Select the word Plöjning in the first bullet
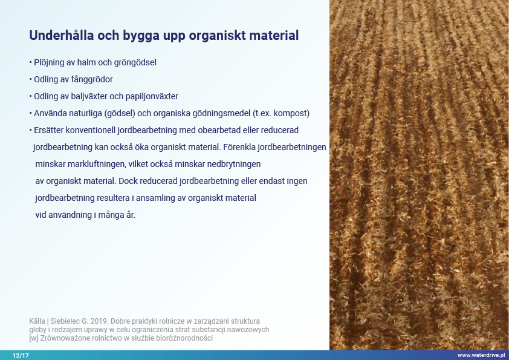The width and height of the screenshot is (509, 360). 50,63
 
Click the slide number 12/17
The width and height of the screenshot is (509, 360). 21,355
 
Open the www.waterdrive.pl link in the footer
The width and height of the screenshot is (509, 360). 481,355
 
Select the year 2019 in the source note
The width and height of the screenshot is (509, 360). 99,321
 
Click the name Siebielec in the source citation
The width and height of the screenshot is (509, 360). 65,321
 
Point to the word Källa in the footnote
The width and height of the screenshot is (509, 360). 37,321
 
